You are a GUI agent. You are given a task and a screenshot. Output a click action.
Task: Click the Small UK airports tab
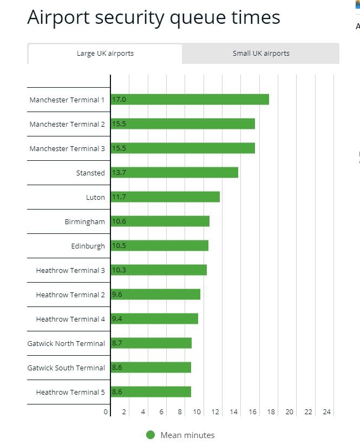261,54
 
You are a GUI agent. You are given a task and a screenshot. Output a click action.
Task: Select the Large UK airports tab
105,54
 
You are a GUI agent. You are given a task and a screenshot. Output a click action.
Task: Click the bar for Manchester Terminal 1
189,100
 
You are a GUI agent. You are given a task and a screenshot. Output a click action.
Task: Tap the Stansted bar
174,173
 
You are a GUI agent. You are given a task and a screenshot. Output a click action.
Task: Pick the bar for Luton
165,197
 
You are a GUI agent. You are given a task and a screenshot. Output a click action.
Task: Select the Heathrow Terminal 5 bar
151,392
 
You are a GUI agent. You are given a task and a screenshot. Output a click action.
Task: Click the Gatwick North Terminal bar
151,343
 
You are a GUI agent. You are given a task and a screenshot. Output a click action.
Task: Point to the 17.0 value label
119,100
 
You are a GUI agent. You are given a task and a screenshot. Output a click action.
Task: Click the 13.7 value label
119,173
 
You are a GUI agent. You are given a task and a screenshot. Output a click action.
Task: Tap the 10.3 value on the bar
119,270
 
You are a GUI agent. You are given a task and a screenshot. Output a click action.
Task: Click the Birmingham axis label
85,221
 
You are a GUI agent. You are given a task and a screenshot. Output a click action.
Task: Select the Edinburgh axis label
88,246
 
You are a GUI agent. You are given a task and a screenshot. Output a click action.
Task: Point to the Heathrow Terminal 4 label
70,319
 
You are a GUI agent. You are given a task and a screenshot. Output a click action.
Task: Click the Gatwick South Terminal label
66,368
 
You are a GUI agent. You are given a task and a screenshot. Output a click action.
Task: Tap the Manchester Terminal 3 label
67,148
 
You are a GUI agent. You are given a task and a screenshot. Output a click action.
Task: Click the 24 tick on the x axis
326,412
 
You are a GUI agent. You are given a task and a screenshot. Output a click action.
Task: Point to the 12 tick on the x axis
215,412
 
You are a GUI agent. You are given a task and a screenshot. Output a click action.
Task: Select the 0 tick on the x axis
106,412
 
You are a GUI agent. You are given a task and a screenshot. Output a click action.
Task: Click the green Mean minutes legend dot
150,435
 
